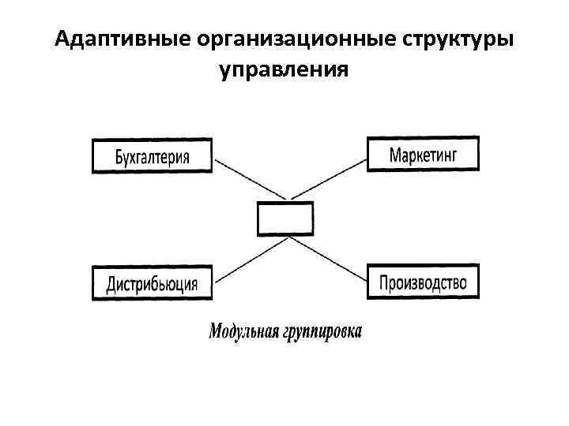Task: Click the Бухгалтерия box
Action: click(x=153, y=155)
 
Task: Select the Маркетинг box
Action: click(x=423, y=153)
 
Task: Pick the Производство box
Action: click(x=423, y=282)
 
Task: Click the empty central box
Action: click(x=285, y=218)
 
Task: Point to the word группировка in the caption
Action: click(x=322, y=331)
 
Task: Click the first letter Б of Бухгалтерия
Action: click(x=119, y=155)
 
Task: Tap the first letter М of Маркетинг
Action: click(x=394, y=153)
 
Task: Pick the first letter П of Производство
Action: click(x=385, y=282)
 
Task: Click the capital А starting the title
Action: click(x=63, y=39)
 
